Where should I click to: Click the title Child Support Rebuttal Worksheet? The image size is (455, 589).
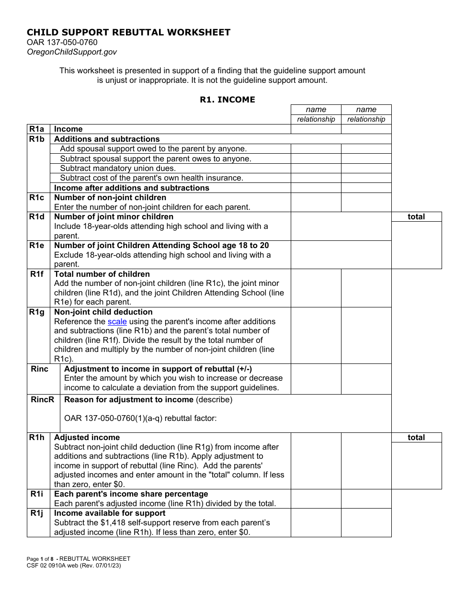[x=128, y=33]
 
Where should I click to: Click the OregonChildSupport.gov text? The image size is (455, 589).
[x=72, y=52]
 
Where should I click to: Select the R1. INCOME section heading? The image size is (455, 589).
[x=227, y=100]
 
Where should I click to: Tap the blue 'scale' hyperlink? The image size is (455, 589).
[x=117, y=322]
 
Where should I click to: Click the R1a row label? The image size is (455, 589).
[x=37, y=129]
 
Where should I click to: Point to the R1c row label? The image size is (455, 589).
[x=37, y=198]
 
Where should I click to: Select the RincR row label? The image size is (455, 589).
[x=43, y=400]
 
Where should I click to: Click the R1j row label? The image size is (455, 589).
[x=37, y=513]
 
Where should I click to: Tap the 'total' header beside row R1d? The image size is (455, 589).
[x=416, y=217]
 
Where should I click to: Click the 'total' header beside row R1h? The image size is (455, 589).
[x=416, y=438]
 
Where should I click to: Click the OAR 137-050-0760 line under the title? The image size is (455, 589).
[x=62, y=43]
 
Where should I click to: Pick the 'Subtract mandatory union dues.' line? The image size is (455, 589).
[x=118, y=169]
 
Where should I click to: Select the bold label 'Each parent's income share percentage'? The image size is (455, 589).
[x=131, y=494]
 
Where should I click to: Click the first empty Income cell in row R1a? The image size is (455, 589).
[x=316, y=129]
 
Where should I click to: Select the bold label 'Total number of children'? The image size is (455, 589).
[x=102, y=274]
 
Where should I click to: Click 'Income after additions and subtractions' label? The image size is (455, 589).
[x=131, y=188]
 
